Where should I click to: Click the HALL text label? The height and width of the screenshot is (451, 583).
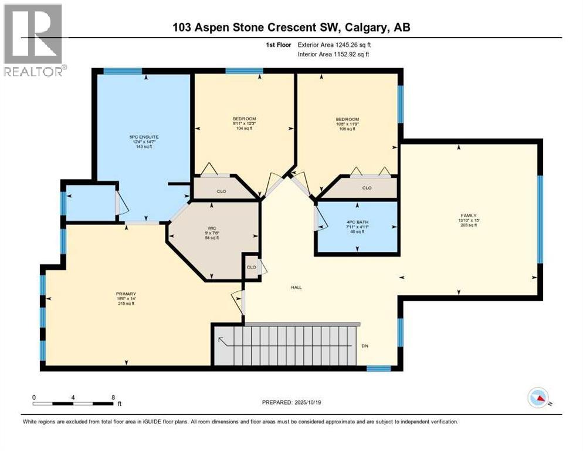point(296,288)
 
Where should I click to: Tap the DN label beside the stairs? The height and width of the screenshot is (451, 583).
point(367,345)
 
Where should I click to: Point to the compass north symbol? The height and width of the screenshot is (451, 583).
point(538,399)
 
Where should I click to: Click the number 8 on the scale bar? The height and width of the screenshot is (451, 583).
point(113,397)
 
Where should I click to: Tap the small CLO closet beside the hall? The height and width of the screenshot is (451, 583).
point(251,267)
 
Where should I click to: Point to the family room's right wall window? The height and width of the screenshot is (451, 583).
point(540,219)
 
